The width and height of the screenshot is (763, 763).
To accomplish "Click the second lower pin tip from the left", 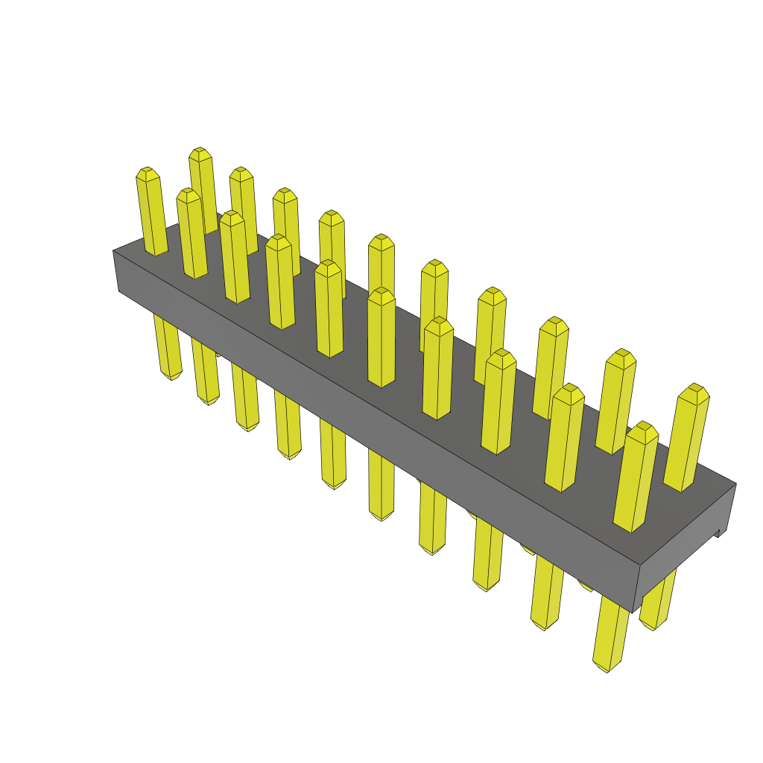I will [209, 401].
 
